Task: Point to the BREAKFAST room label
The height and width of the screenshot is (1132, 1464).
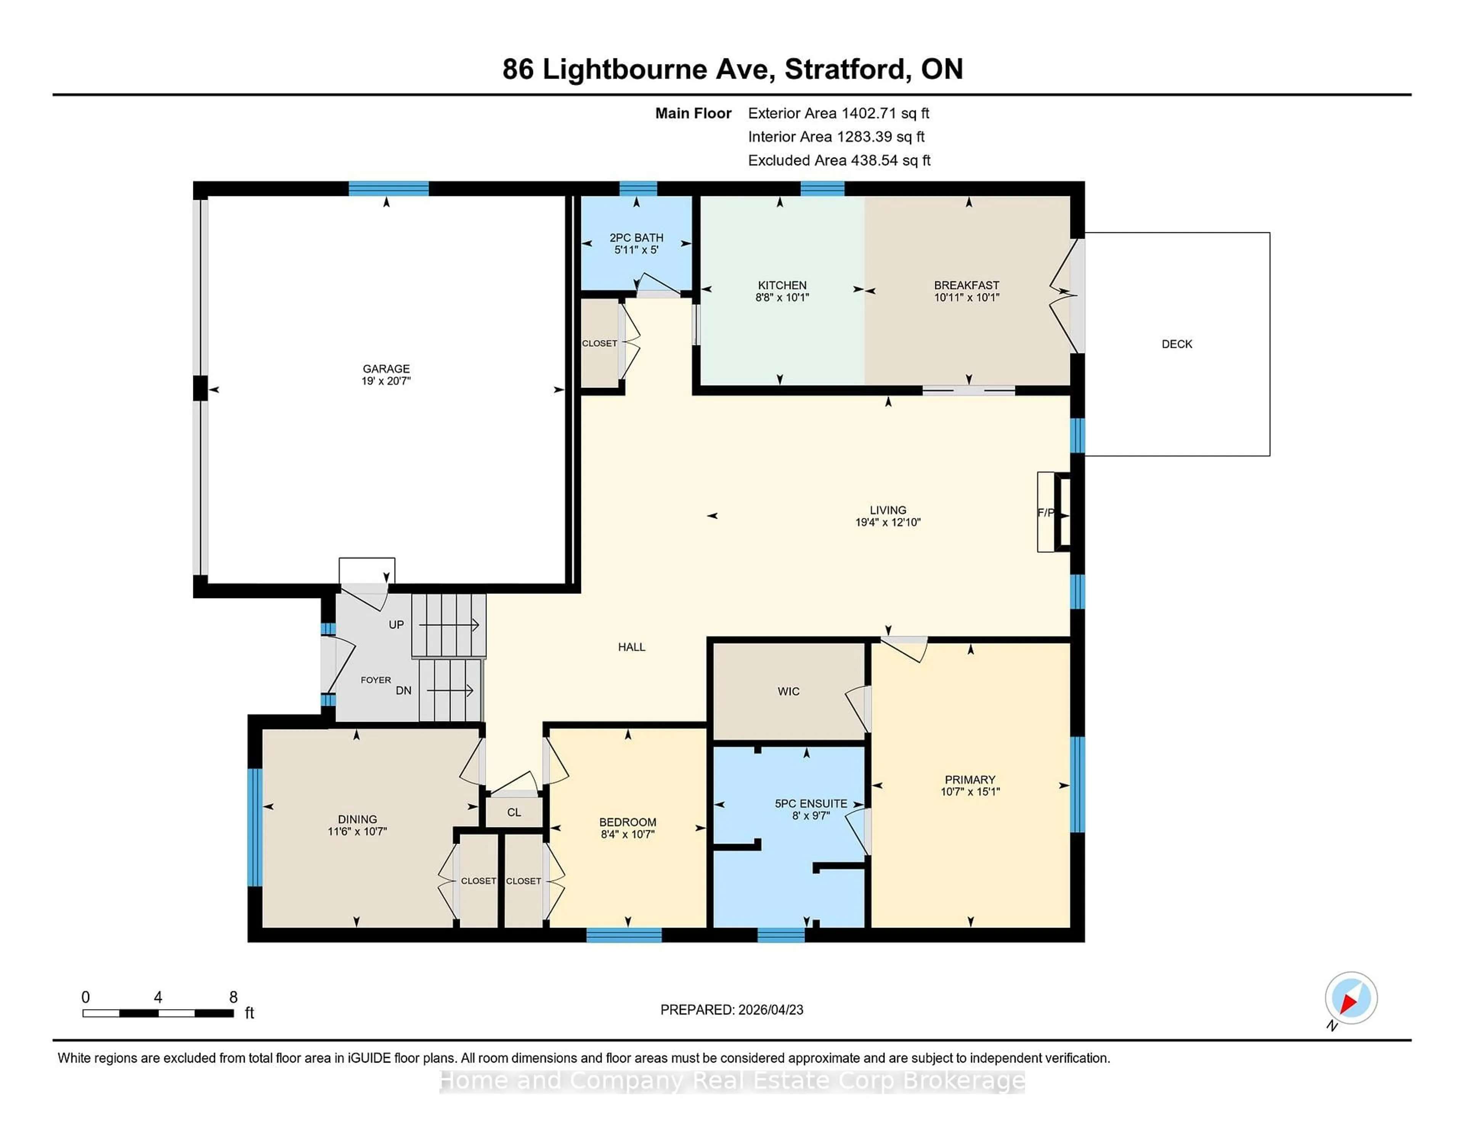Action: tap(966, 285)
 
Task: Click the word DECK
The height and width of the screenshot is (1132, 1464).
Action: tap(1177, 344)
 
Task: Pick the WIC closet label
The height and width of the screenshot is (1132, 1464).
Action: tap(788, 691)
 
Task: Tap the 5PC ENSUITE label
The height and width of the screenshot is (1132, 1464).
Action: tap(811, 803)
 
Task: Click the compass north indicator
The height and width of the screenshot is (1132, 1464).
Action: tap(1350, 998)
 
